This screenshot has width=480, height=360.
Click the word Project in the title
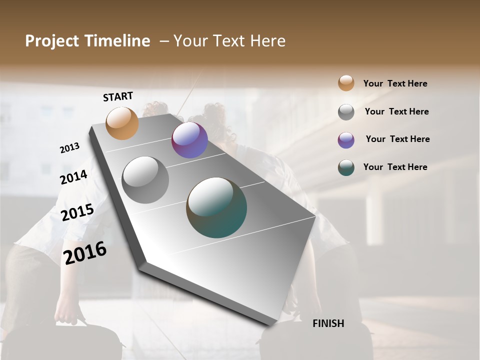coord(52,41)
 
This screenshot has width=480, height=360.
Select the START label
coord(118,96)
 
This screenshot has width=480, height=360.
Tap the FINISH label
coord(328,323)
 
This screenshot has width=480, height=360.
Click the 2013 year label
coord(69,148)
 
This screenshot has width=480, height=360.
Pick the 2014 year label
coord(74,177)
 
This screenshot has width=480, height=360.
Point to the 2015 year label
coord(77,212)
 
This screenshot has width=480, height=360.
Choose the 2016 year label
coord(85,253)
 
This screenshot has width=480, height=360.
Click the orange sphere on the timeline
coord(122,123)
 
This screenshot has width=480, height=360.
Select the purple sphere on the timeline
coord(189,140)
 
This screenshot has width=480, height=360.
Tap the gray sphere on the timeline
coord(145,180)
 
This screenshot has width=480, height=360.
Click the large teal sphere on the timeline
coord(216,207)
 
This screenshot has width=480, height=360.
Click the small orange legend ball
coord(346,83)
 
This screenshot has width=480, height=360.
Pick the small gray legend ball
coord(346,112)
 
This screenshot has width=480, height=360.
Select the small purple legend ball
coord(346,140)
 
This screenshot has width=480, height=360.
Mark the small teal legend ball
coord(346,167)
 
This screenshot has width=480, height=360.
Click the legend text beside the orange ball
coord(395,83)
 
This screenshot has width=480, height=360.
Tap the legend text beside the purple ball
coord(398,139)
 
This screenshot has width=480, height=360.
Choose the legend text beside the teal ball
coord(395,167)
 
